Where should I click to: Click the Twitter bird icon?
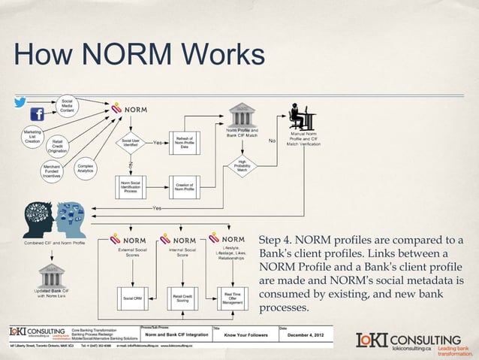click(x=20, y=102)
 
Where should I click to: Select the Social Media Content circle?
click(x=67, y=105)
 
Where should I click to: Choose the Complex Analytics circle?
click(x=85, y=170)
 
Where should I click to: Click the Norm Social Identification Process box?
click(x=130, y=186)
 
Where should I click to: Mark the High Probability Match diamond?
click(x=243, y=165)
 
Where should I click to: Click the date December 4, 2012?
click(x=311, y=336)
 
